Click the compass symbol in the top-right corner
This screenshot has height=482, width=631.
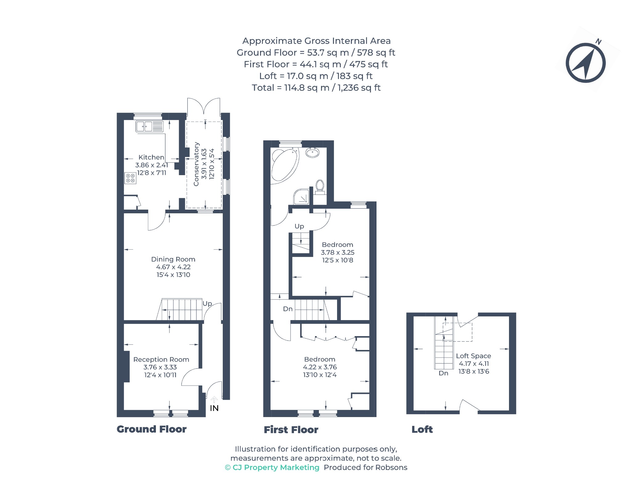coord(585,63)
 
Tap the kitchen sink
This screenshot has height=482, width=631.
coord(149,127)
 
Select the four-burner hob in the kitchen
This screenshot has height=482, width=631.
coord(130,178)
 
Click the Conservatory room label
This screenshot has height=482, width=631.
coord(196,164)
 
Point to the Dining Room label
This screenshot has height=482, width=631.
coord(173,259)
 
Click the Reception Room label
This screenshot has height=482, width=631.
coord(161,359)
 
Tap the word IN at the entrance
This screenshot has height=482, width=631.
coord(214,408)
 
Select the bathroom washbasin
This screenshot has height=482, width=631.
coord(312,152)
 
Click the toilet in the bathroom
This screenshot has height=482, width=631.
coord(320,187)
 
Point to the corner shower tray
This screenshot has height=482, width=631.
coord(301,197)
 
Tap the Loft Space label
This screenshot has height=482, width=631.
coord(474,356)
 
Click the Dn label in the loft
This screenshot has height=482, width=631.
coord(443,373)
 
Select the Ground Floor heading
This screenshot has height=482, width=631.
coord(152,429)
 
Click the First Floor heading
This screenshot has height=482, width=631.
coord(291,430)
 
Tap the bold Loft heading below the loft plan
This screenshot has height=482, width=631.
coord(422,429)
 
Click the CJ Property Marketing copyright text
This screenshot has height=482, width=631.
coord(272,468)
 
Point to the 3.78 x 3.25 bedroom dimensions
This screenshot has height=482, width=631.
coord(338,252)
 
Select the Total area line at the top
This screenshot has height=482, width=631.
coord(316,88)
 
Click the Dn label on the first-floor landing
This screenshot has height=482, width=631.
coord(288,309)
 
